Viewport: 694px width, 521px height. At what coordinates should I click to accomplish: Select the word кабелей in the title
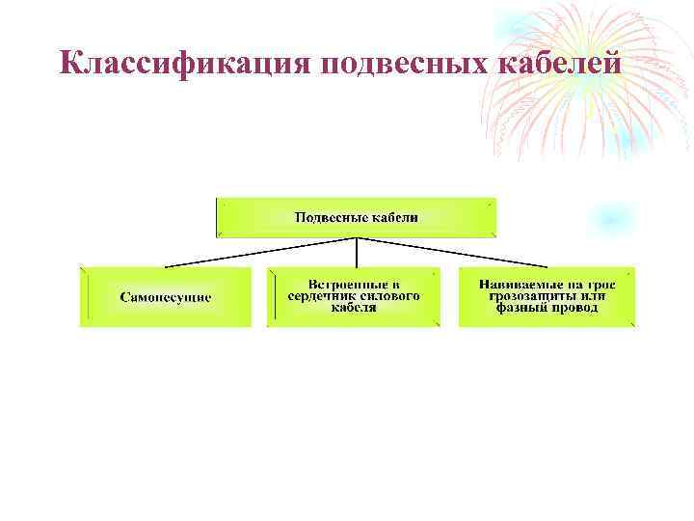coord(555,64)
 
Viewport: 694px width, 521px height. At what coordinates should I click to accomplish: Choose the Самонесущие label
coord(166,297)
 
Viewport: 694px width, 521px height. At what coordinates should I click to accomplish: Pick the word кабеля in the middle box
coord(354,309)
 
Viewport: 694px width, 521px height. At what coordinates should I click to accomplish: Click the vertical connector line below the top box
coord(357,251)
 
